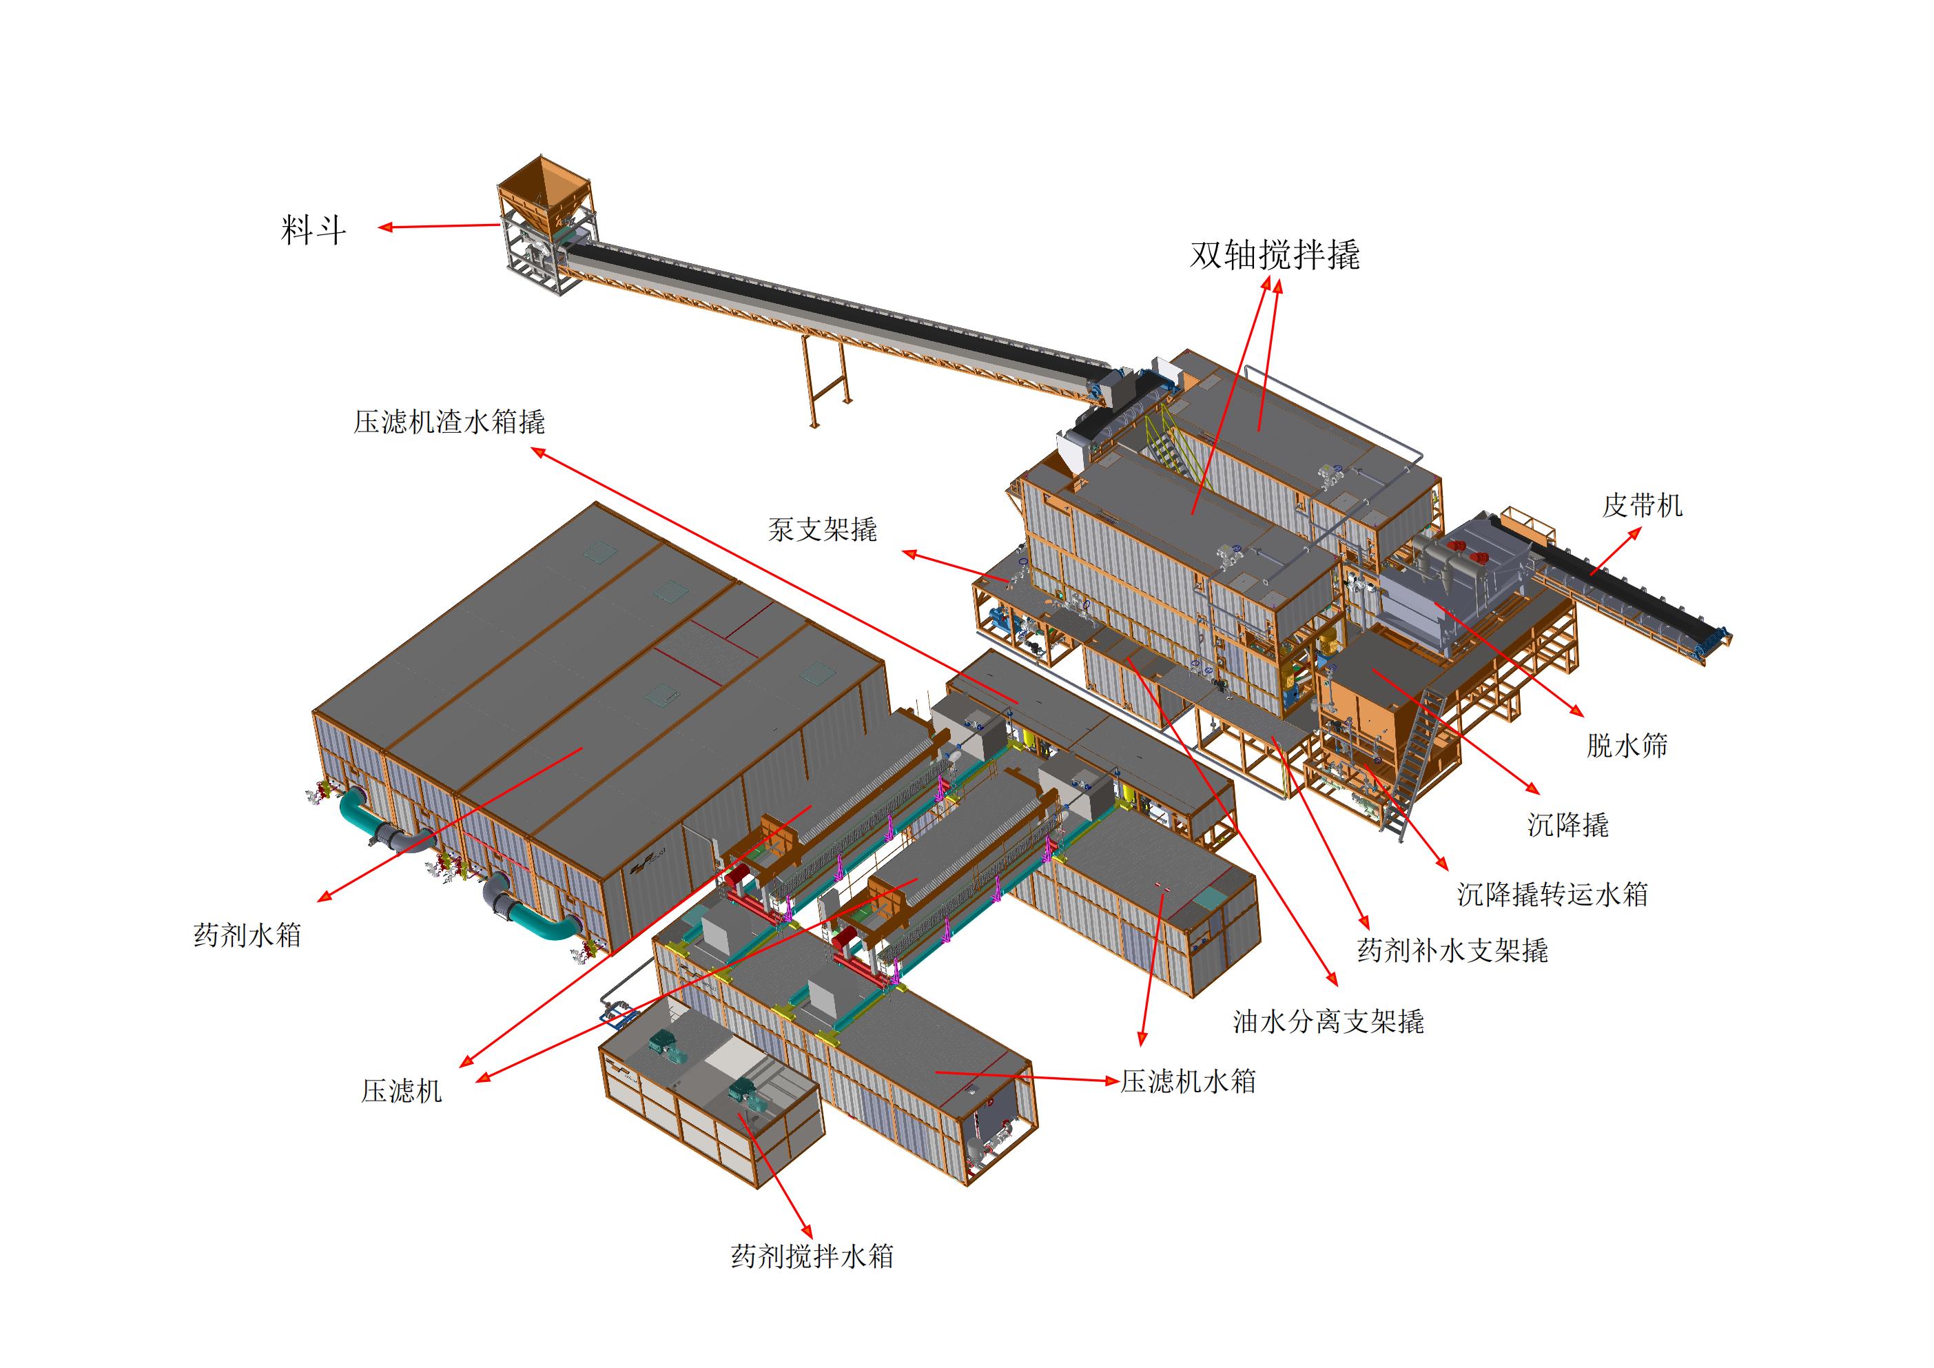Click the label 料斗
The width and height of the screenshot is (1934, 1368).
coord(313,230)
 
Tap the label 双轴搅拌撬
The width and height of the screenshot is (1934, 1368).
coord(1275,254)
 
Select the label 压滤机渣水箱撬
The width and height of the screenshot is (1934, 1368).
coord(449,422)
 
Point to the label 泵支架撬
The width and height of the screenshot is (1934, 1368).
coord(822,529)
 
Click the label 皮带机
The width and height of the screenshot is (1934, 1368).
coord(1642,505)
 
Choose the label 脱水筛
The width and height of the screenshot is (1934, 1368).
coord(1627,746)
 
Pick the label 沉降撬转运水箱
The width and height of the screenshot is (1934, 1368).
coord(1552,894)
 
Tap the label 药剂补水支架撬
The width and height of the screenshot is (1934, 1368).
coord(1452,951)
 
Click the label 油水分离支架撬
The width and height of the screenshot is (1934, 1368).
coord(1328,1022)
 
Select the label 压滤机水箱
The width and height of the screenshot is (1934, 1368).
coord(1188,1081)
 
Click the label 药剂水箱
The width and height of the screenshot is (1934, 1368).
coord(247,935)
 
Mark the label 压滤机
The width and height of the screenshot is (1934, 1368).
coord(402,1092)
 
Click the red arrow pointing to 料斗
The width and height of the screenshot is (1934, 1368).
coord(438,226)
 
